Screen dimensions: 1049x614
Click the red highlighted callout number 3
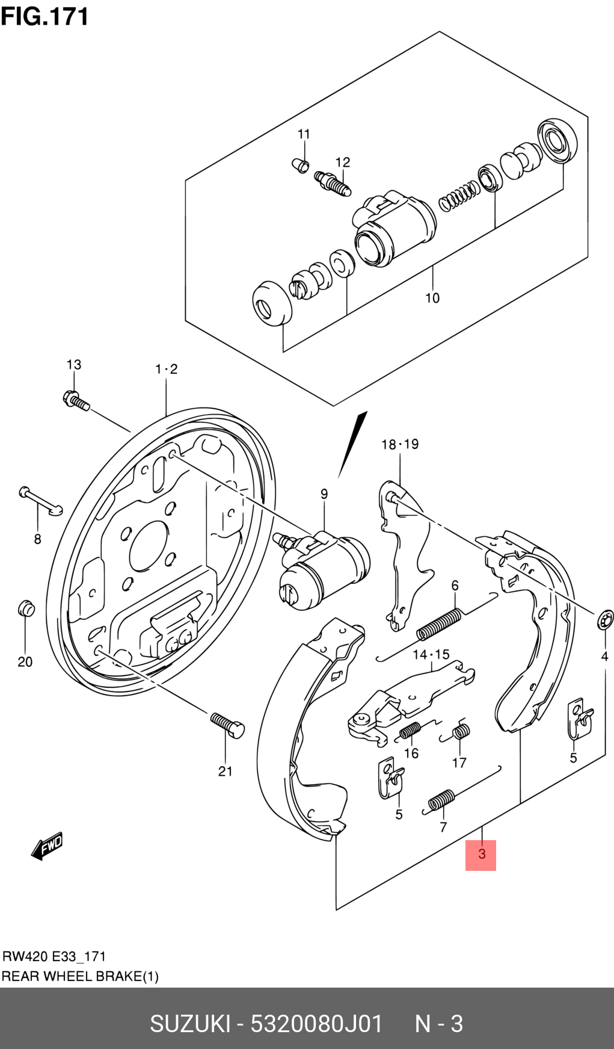click(x=481, y=854)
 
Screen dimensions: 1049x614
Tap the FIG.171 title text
click(x=45, y=17)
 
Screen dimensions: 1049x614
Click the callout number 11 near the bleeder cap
click(x=304, y=134)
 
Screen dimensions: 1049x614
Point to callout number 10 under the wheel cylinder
click(x=432, y=297)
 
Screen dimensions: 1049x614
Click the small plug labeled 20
click(x=25, y=608)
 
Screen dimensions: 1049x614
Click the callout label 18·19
click(x=400, y=444)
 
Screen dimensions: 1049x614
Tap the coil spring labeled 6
click(x=440, y=624)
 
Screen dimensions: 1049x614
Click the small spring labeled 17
click(x=461, y=732)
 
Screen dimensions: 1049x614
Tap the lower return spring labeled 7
click(x=441, y=801)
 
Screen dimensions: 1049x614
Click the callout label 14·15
click(x=431, y=654)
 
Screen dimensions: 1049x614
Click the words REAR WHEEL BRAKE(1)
click(x=80, y=976)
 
